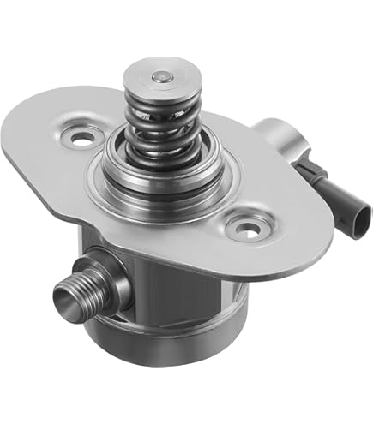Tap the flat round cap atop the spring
coord(157,79)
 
